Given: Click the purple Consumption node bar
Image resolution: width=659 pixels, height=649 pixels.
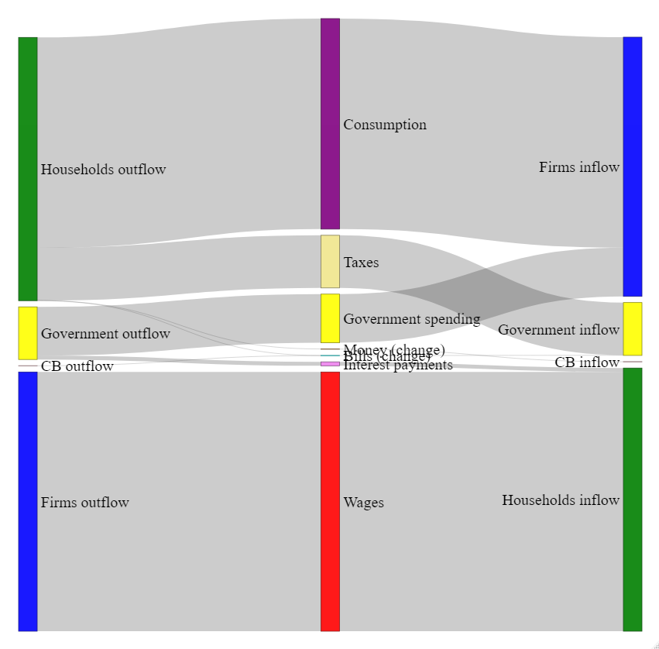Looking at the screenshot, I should tap(330, 124).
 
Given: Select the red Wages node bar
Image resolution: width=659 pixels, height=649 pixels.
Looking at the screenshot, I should tap(330, 501).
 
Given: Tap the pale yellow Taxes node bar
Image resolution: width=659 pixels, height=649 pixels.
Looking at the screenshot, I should tap(330, 261).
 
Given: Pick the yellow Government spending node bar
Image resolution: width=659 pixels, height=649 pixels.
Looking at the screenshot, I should tap(330, 318).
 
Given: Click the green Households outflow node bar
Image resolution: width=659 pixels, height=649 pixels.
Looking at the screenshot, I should tap(28, 168).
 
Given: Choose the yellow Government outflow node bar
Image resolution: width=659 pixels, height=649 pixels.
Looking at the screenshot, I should tap(28, 333).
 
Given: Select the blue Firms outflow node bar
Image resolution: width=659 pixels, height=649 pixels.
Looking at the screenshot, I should tap(28, 501).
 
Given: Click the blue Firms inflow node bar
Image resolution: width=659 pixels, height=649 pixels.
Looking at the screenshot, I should tap(632, 167).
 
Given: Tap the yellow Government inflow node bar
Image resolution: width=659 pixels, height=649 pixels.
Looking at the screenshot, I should tap(632, 328).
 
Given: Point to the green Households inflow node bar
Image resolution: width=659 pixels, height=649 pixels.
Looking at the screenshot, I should tap(632, 500).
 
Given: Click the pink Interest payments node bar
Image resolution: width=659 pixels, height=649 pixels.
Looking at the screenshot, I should tap(330, 363).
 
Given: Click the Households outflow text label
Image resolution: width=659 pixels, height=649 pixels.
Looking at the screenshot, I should tap(103, 170).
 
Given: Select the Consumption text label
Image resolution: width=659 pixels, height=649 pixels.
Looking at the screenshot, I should tap(385, 125).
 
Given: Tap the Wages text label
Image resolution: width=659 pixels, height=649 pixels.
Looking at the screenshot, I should tap(363, 503).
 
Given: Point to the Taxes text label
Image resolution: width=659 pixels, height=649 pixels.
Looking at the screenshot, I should tap(361, 263).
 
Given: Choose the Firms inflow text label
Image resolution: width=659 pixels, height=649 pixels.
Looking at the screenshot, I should tap(579, 167).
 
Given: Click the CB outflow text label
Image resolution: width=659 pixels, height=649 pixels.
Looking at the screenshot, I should tap(77, 366).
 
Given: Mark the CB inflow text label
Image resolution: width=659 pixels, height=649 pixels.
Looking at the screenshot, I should tap(587, 362).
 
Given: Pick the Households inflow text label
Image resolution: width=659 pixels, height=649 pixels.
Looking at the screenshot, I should tap(561, 500).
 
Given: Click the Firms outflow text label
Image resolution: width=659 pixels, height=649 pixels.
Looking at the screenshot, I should tap(84, 503).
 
